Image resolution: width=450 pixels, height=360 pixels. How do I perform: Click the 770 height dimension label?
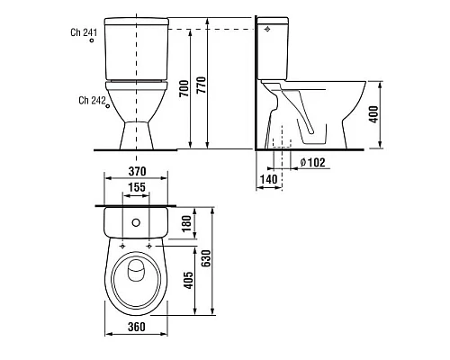coord(202,85)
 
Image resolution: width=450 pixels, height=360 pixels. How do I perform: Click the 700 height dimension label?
coord(184,88)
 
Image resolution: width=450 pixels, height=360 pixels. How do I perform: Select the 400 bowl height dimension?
coord(373,114)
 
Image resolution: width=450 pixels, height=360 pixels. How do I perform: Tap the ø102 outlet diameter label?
coord(312,162)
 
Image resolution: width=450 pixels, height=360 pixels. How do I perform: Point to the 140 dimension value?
coord(268,179)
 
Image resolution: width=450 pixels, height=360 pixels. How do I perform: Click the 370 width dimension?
coord(138,171)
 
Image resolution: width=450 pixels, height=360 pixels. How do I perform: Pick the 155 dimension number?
coord(137,187)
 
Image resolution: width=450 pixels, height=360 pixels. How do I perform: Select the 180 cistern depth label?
coord(186,223)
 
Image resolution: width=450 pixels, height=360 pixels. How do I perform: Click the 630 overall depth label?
coord(206,258)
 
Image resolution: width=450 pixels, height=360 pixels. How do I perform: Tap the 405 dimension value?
coord(188,281)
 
